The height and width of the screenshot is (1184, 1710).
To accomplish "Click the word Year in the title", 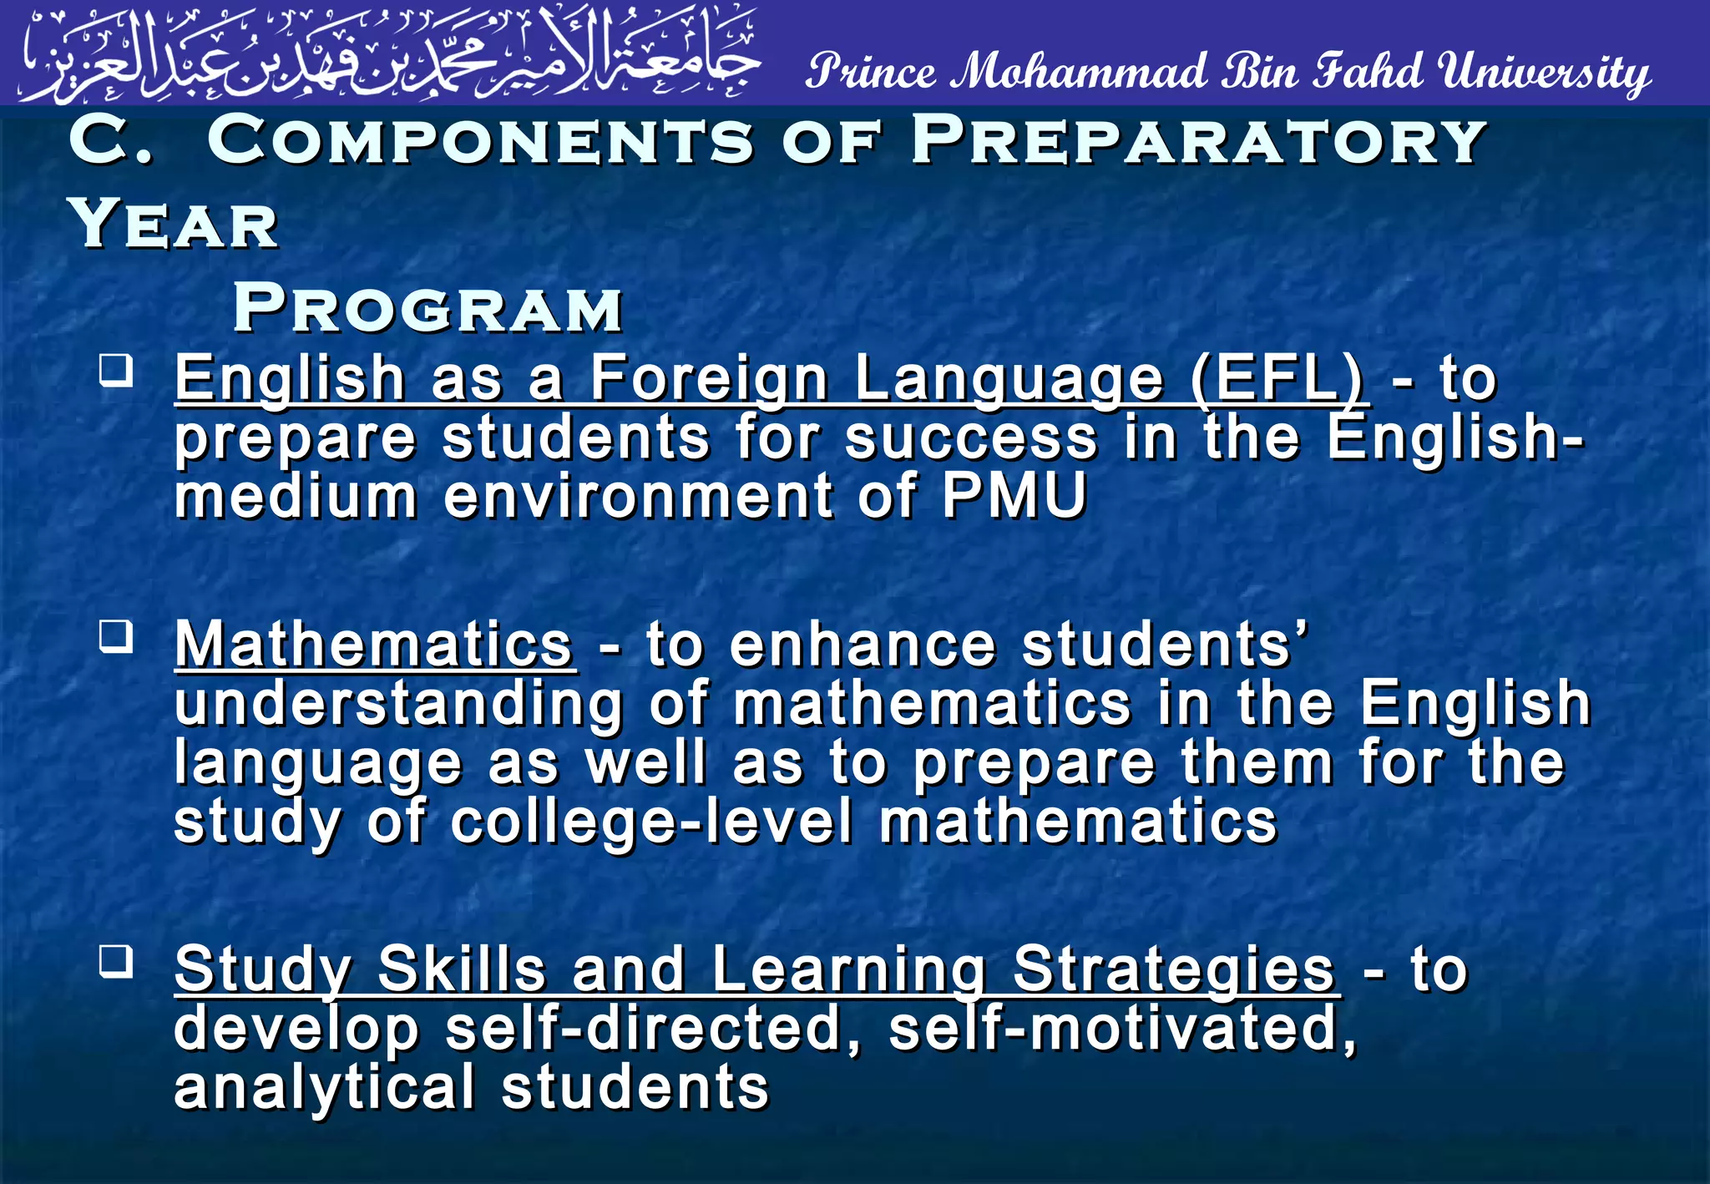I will [174, 224].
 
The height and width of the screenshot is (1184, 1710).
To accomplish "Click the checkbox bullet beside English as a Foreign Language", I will [116, 370].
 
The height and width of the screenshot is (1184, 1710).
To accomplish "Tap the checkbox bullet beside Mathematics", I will [116, 637].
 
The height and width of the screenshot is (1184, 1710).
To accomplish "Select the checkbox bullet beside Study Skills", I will [116, 961].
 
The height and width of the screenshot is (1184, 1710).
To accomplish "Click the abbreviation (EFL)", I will [1277, 379].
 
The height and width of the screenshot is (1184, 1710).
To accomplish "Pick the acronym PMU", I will [1014, 496].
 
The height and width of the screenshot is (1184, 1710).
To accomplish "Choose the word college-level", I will [651, 822].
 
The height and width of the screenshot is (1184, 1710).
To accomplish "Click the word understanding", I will [398, 704].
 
